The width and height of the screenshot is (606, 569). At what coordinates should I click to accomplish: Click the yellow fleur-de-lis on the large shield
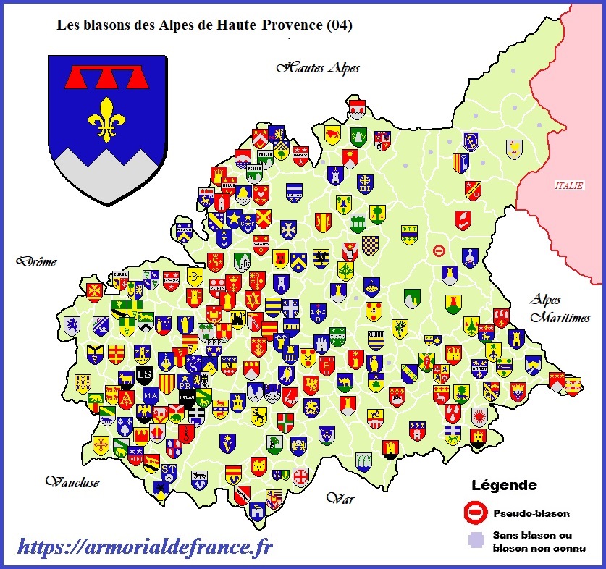pos(108,118)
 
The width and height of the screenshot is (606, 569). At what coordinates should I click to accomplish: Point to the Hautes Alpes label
pos(318,68)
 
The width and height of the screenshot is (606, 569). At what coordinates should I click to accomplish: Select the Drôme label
pos(39,262)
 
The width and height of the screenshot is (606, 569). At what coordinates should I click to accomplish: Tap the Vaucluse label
pos(72,481)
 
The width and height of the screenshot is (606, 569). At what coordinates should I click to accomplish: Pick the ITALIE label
pos(568,185)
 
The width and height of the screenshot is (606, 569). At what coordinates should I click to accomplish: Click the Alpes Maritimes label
pos(560,308)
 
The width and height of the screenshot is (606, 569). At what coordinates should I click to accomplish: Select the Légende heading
pos(504,485)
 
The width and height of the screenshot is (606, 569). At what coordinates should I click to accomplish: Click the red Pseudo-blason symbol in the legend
pos(475,513)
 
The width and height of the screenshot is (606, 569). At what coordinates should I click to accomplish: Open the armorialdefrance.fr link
pos(145,548)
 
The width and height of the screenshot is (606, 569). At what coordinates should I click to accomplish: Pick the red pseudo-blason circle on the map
pos(439,250)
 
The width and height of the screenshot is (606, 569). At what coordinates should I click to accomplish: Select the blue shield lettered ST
pos(169,471)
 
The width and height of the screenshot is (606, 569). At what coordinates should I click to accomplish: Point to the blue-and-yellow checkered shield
pos(371,245)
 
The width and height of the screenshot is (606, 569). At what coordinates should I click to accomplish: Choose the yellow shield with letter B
pos(193,277)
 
